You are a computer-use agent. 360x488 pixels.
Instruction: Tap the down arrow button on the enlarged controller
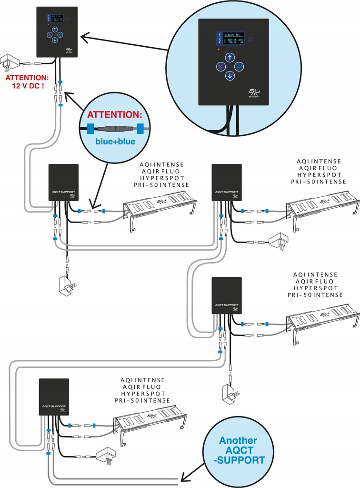(x=230, y=76)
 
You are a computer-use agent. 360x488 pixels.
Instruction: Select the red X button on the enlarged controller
(x=220, y=67)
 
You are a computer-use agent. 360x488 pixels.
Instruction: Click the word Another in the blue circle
(x=238, y=441)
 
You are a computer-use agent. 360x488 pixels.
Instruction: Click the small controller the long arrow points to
(x=57, y=32)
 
